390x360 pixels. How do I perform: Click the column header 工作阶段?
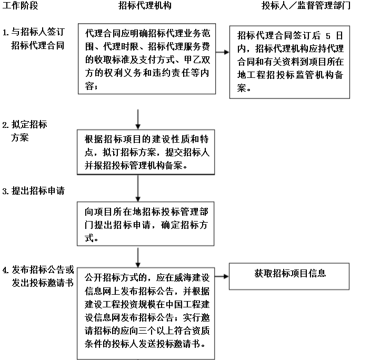(x=20, y=5)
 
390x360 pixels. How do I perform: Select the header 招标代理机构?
(x=145, y=5)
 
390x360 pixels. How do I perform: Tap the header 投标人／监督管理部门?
(x=306, y=5)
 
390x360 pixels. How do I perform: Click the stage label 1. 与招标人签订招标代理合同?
(x=34, y=38)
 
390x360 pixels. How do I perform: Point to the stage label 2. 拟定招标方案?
(x=25, y=131)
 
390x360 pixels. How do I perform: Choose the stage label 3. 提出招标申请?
(x=34, y=191)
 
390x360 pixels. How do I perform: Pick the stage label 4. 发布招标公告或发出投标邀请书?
(x=38, y=276)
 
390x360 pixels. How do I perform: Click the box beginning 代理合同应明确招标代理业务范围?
(x=147, y=59)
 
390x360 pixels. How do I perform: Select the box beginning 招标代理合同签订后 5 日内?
(x=289, y=62)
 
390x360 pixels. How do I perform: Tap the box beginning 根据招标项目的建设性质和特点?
(x=146, y=152)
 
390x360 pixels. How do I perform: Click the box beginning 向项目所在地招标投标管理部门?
(x=145, y=224)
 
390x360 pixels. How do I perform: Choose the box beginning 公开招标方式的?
(x=146, y=314)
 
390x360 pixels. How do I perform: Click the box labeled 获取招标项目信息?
(x=289, y=276)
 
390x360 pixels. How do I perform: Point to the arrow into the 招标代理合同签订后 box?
(x=222, y=52)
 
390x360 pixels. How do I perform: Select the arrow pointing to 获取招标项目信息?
(x=222, y=276)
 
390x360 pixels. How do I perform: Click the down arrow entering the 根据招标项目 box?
(x=138, y=119)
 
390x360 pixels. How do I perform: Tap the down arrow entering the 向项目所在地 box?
(x=138, y=188)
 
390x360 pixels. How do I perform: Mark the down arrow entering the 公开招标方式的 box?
(x=138, y=257)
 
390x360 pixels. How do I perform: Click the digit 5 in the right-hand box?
(x=328, y=36)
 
